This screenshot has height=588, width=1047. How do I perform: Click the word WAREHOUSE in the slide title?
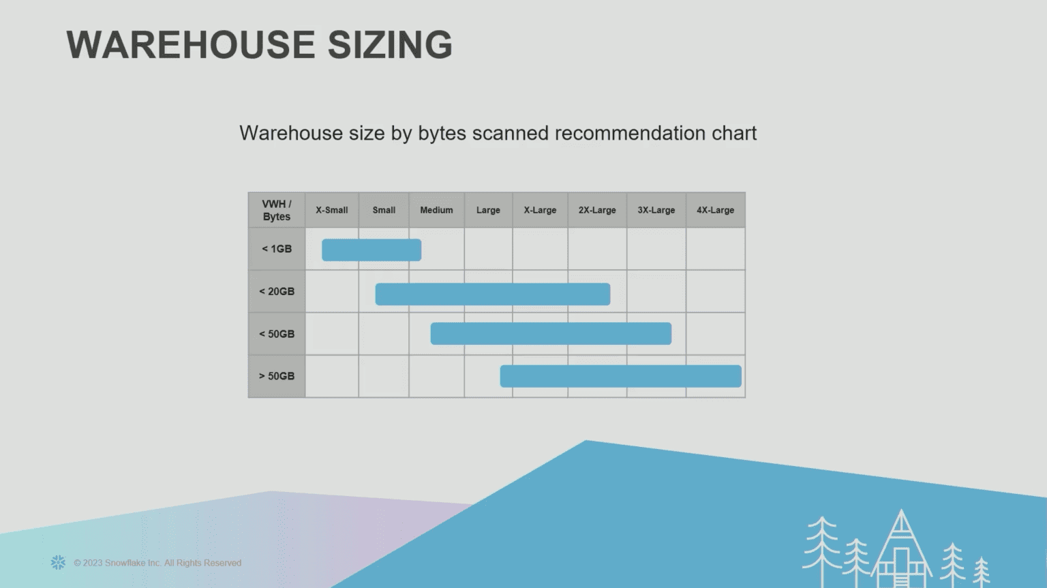190,45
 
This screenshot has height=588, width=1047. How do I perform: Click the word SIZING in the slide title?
389,45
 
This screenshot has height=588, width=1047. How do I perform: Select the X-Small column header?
331,210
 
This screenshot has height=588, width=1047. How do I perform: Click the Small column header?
384,210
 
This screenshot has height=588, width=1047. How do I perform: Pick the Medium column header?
436,210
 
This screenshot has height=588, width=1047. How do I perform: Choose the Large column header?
488,210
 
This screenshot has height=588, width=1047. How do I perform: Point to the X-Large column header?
540,210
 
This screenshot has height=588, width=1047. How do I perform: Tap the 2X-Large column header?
597,210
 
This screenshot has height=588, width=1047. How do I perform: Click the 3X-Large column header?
656,210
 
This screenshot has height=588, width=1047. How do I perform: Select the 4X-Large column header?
715,210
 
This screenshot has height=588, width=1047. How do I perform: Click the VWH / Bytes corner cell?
277,210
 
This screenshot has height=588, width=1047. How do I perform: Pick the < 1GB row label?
277,249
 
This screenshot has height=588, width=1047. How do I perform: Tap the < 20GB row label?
277,291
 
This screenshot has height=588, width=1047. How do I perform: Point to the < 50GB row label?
277,334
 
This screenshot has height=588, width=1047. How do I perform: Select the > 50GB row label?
277,376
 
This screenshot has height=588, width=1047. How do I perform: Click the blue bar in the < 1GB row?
371,250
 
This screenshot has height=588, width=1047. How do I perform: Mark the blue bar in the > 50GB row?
620,376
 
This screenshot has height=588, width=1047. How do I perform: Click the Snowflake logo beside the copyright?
58,562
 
